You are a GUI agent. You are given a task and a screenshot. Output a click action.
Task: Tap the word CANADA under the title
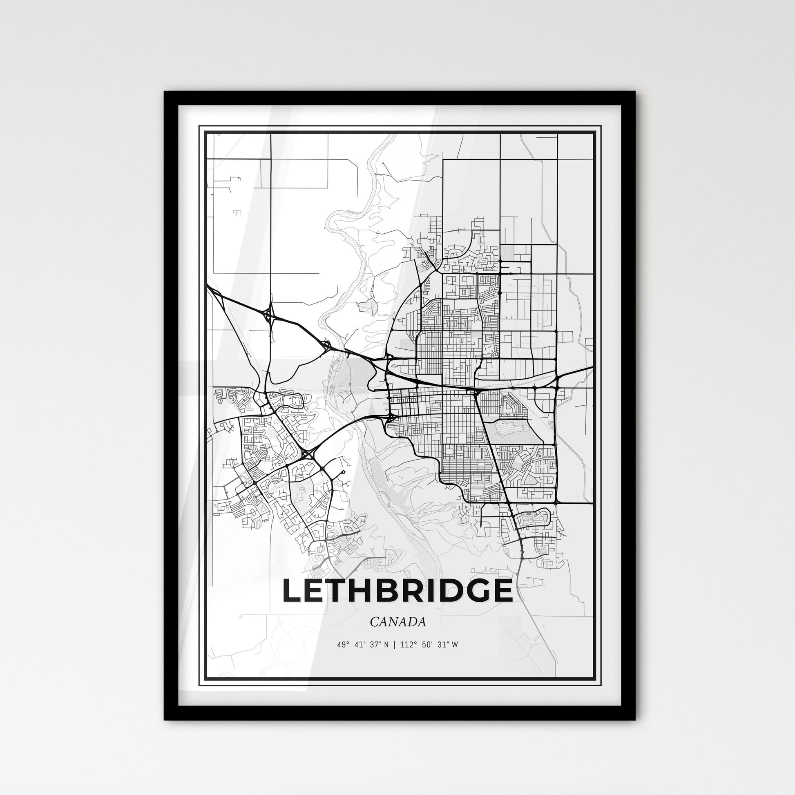coord(397,622)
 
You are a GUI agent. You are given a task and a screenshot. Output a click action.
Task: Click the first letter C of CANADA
coord(374,622)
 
